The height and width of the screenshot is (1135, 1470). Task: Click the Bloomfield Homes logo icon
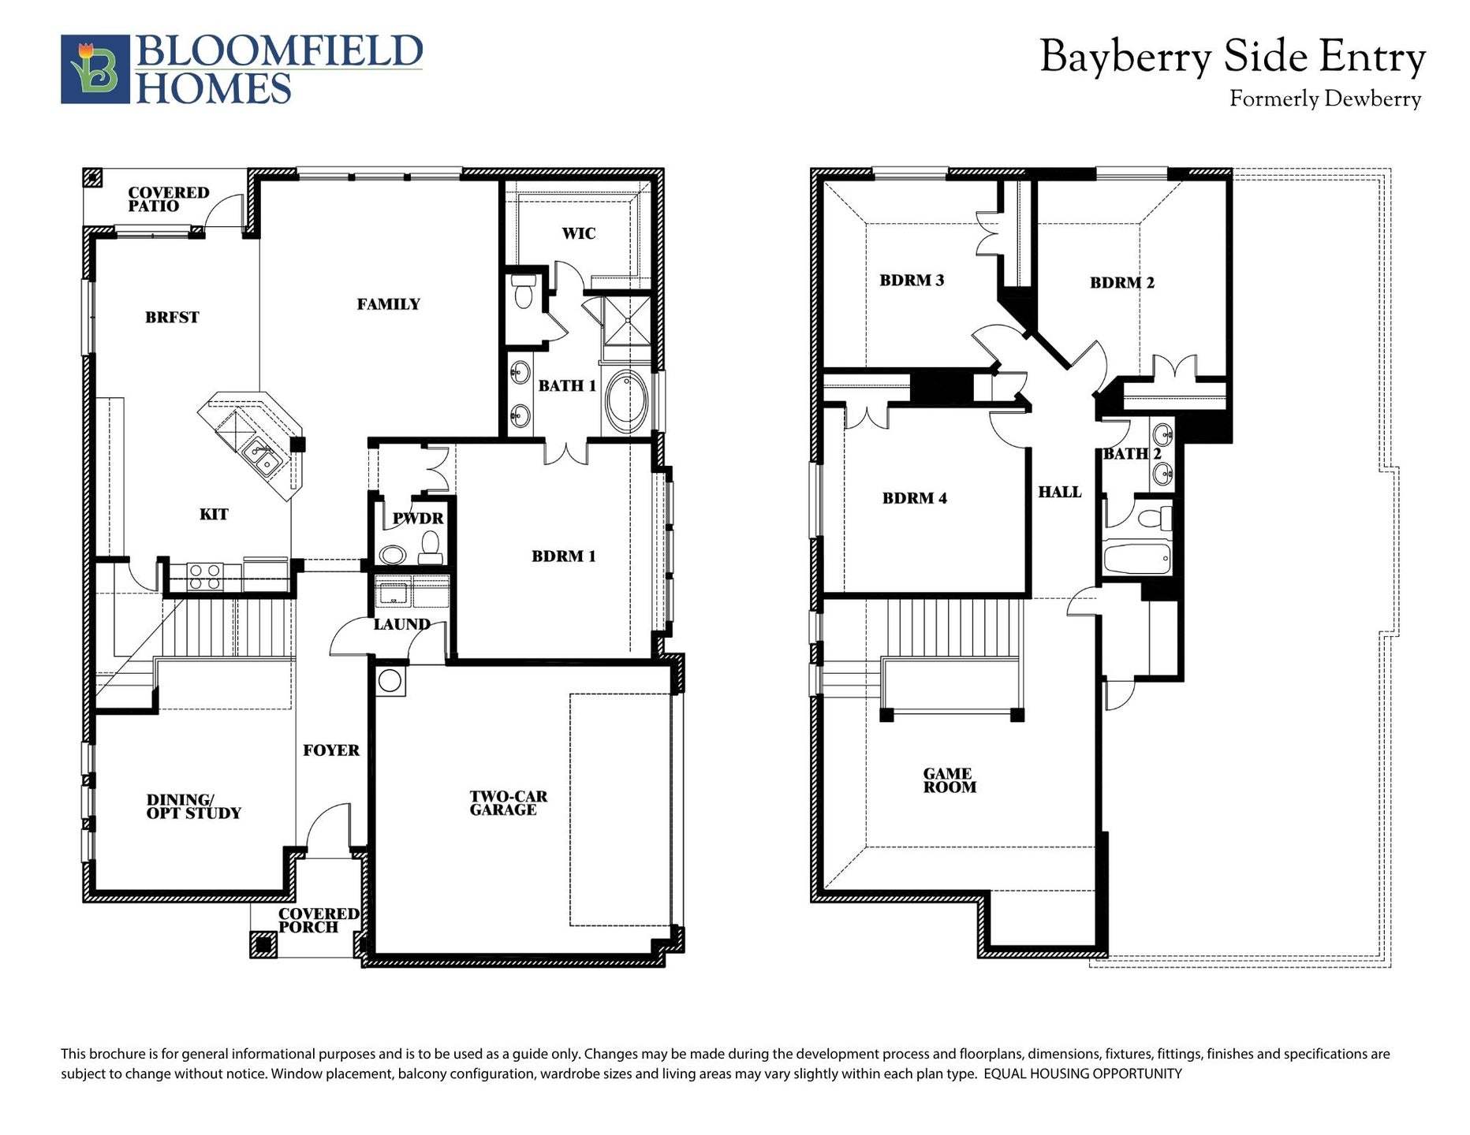(x=95, y=69)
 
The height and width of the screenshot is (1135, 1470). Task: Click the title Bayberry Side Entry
(x=1232, y=57)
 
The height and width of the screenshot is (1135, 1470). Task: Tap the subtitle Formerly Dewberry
(x=1325, y=99)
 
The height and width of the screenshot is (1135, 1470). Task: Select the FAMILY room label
(x=388, y=304)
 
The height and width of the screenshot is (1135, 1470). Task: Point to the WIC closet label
(x=578, y=233)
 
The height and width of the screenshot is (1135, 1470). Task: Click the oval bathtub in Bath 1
(x=627, y=401)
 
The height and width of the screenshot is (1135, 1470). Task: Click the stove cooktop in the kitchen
(x=204, y=576)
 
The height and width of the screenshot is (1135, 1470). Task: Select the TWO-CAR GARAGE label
(x=508, y=803)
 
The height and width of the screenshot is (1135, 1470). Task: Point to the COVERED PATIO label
(x=168, y=199)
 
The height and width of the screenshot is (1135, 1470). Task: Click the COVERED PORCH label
(x=318, y=921)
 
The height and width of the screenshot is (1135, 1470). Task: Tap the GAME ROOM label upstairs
(x=949, y=780)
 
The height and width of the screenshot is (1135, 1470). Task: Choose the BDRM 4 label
(x=914, y=498)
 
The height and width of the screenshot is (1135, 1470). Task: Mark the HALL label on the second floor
(x=1059, y=492)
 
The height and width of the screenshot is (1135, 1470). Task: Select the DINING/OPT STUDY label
(x=193, y=806)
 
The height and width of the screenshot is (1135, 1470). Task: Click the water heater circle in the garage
(x=390, y=680)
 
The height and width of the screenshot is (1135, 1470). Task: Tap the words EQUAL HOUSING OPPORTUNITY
(x=1083, y=1074)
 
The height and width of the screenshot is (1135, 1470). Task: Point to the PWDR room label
(x=418, y=519)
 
